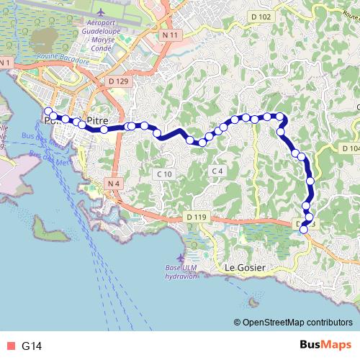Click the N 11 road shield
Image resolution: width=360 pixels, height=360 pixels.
pyautogui.click(x=170, y=35)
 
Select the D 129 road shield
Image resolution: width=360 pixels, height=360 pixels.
pyautogui.click(x=119, y=82)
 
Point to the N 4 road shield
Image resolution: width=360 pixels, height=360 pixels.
pyautogui.click(x=112, y=184)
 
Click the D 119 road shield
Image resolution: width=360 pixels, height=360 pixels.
pyautogui.click(x=195, y=217)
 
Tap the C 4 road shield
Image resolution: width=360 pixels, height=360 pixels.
pyautogui.click(x=217, y=170)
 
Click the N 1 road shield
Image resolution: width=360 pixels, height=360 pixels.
pyautogui.click(x=6, y=64)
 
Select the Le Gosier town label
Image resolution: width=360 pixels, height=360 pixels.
pyautogui.click(x=246, y=268)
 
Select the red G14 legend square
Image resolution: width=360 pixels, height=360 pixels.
pyautogui.click(x=9, y=346)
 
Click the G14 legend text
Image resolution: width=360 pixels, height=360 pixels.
pyautogui.click(x=32, y=346)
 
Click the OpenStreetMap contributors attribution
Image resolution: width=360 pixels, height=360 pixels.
pyautogui.click(x=295, y=323)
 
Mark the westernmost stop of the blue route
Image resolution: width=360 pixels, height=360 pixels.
pyautogui.click(x=49, y=111)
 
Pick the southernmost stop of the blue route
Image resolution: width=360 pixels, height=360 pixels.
pyautogui.click(x=304, y=229)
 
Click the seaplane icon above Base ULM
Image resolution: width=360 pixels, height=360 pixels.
pyautogui.click(x=180, y=257)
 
